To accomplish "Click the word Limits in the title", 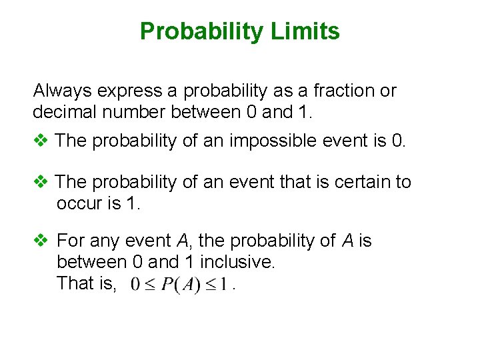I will tap(310, 31).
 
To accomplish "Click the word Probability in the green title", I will tap(207, 31).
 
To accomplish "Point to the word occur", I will tap(79, 203).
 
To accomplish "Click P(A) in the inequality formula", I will tap(182, 285).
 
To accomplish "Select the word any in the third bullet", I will tap(102, 241).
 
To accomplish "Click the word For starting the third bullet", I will tap(71, 241).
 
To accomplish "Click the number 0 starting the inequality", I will tap(135, 285).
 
